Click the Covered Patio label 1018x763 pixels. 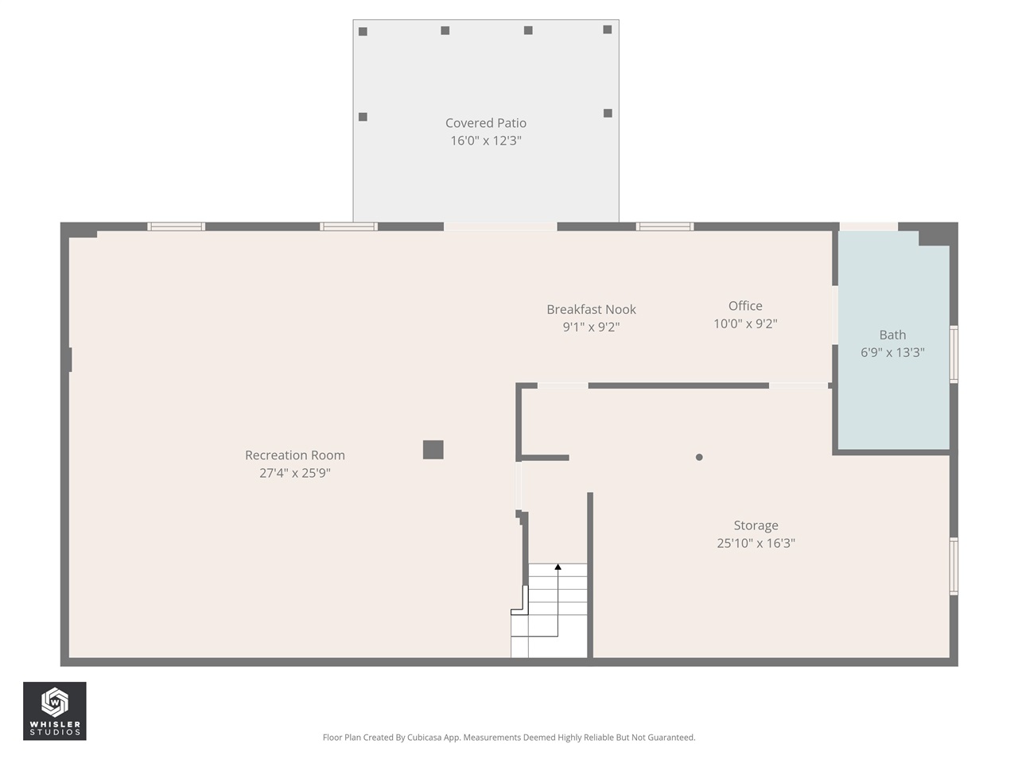point(485,123)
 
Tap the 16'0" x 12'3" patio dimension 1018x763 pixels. point(485,141)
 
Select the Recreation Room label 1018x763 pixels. point(294,455)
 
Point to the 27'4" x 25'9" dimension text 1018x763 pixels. point(294,473)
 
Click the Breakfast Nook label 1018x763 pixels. point(591,309)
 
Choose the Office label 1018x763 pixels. point(745,306)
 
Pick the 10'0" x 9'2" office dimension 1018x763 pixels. point(745,323)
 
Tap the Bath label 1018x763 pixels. point(892,335)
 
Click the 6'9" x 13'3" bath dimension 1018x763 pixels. point(892,353)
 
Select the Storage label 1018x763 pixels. point(756,525)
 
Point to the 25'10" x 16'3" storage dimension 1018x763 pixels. point(756,544)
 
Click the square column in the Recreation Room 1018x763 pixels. point(433,450)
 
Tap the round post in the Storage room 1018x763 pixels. point(699,457)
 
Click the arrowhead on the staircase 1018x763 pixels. point(558,567)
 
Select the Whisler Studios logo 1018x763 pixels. point(54,711)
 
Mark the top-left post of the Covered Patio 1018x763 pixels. point(363,32)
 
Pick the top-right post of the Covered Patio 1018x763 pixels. point(608,29)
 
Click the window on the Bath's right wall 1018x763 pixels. point(954,354)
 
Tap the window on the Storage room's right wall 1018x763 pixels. point(954,566)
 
